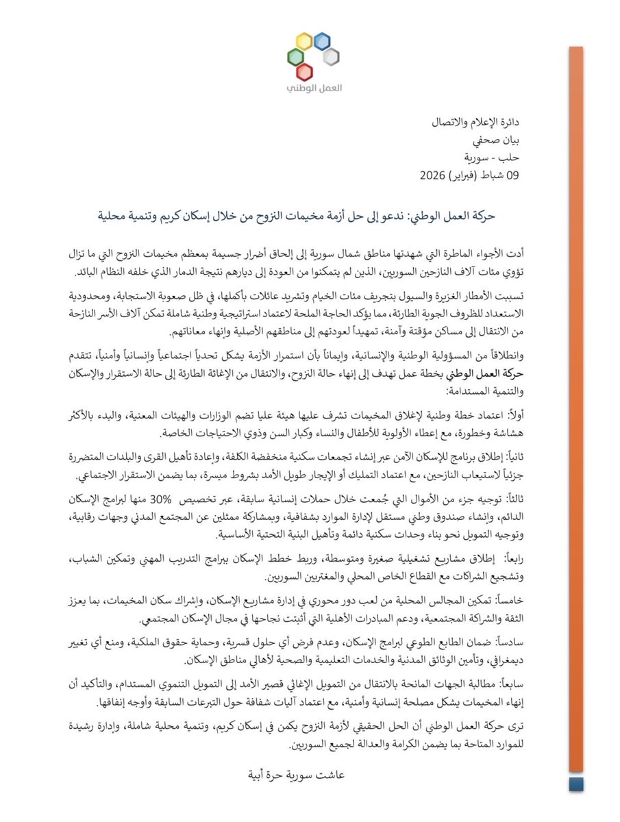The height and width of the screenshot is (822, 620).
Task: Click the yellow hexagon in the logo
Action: click(x=304, y=41)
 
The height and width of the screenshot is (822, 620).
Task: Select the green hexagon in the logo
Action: click(x=295, y=56)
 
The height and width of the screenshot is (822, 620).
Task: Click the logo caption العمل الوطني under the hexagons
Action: click(x=310, y=90)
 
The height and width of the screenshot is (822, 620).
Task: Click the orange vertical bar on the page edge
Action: click(x=575, y=411)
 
